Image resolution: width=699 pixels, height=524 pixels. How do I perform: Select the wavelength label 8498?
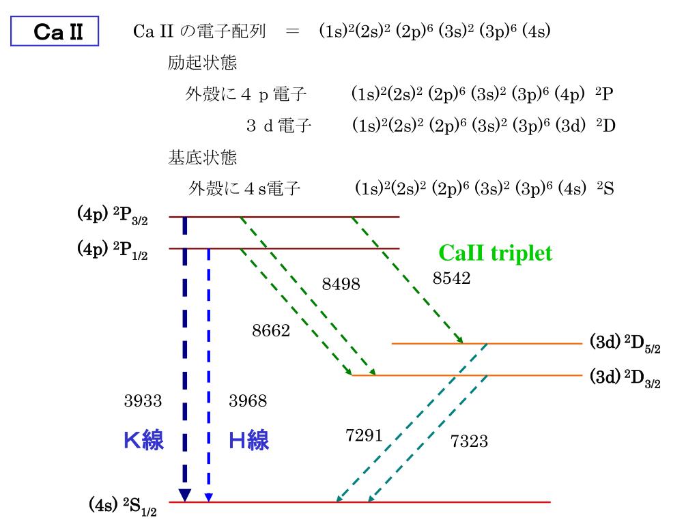pyautogui.click(x=341, y=284)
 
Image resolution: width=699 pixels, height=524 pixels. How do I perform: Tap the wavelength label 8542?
pyautogui.click(x=451, y=278)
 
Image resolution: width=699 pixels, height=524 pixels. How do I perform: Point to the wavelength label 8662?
pyautogui.click(x=271, y=331)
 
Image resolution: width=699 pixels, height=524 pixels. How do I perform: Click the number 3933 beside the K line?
pyautogui.click(x=143, y=401)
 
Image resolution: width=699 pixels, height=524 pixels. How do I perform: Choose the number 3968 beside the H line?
pyautogui.click(x=248, y=401)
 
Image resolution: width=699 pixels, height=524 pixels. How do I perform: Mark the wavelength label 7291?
pyautogui.click(x=364, y=436)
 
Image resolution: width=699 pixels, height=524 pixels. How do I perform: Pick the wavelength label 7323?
pyautogui.click(x=469, y=441)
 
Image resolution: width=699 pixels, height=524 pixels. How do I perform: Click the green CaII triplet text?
pyautogui.click(x=495, y=254)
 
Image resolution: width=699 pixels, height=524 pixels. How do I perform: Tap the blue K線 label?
pyautogui.click(x=143, y=441)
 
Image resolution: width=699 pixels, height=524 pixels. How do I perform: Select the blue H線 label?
pyautogui.click(x=248, y=441)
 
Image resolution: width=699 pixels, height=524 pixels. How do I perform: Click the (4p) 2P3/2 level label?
pyautogui.click(x=112, y=216)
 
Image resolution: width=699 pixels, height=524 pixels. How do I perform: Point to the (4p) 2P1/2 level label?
pyautogui.click(x=112, y=250)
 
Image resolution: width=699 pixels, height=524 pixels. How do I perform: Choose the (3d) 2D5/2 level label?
pyautogui.click(x=625, y=343)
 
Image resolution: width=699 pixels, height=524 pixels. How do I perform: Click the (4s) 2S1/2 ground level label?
pyautogui.click(x=123, y=506)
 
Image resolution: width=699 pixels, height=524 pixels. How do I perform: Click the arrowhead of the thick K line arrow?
pyautogui.click(x=184, y=495)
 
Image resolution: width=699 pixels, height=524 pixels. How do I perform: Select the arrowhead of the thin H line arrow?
pyautogui.click(x=209, y=497)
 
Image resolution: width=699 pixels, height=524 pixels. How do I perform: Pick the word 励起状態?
pyautogui.click(x=202, y=63)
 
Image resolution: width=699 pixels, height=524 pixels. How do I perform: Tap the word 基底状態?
pyautogui.click(x=202, y=158)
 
